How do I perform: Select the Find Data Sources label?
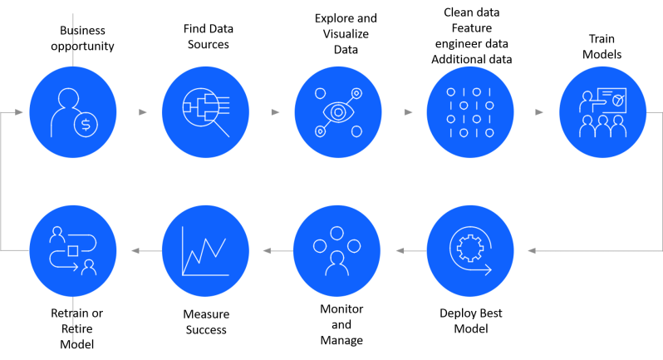pyautogui.click(x=208, y=37)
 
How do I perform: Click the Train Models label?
pyautogui.click(x=604, y=47)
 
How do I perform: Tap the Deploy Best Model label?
pyautogui.click(x=470, y=321)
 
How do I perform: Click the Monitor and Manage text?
pyautogui.click(x=341, y=324)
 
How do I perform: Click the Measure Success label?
pyautogui.click(x=205, y=322)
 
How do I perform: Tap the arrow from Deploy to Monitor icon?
pyautogui.click(x=400, y=249)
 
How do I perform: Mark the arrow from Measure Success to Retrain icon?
pyautogui.click(x=135, y=249)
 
